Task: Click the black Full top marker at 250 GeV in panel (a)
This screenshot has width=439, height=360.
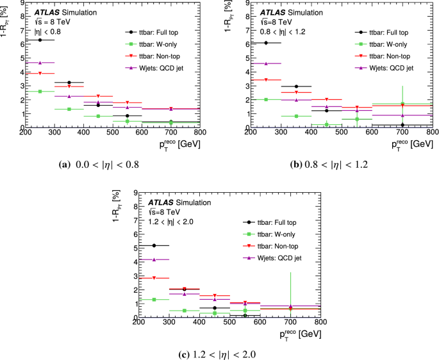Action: (x=40, y=40)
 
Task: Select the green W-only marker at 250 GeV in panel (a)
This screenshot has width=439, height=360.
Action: (x=40, y=92)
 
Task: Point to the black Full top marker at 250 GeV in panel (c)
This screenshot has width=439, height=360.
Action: (x=154, y=245)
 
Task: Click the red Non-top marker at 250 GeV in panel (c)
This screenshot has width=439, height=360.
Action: (x=154, y=278)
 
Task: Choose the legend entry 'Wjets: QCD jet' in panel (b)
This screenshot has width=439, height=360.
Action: (x=386, y=67)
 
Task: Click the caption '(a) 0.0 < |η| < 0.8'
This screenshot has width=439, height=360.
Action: (x=98, y=164)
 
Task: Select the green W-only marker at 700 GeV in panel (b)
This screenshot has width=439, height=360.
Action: (x=402, y=104)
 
